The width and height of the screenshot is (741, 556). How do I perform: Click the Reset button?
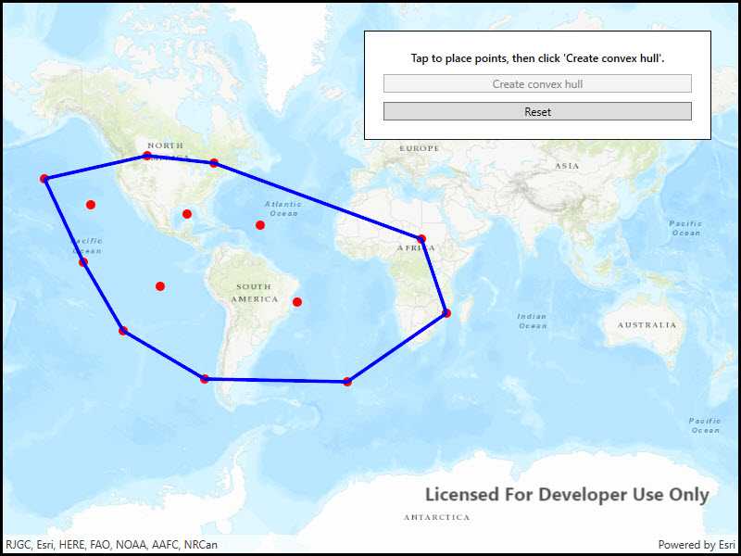point(537,111)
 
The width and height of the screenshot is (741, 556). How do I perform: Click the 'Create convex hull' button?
point(537,83)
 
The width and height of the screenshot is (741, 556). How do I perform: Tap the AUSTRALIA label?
point(647,325)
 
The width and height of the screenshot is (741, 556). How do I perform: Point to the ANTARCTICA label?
point(436,517)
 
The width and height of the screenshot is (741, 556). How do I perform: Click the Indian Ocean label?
point(533,321)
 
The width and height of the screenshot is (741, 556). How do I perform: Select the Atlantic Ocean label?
point(283,208)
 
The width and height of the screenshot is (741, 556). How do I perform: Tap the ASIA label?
point(567,166)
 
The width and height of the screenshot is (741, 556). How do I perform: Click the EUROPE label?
point(420,148)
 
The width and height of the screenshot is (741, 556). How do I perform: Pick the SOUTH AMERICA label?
point(254,293)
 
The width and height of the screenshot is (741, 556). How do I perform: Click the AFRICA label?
point(415,248)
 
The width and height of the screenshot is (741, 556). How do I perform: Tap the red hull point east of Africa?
point(446,313)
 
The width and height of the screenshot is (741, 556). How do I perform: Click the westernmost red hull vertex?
point(44,178)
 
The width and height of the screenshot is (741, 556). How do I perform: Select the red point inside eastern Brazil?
point(297,302)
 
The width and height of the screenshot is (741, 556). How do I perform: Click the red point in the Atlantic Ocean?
point(260,225)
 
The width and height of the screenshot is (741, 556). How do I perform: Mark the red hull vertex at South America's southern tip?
point(205,378)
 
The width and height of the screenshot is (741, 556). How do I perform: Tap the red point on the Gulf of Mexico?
point(187,214)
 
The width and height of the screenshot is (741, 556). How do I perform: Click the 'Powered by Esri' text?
point(697,545)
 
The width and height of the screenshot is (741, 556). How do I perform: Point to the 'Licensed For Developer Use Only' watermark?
point(567,495)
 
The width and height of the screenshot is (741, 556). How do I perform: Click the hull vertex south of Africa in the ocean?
point(347,381)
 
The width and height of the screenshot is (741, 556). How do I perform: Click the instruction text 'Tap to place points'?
point(537,58)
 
